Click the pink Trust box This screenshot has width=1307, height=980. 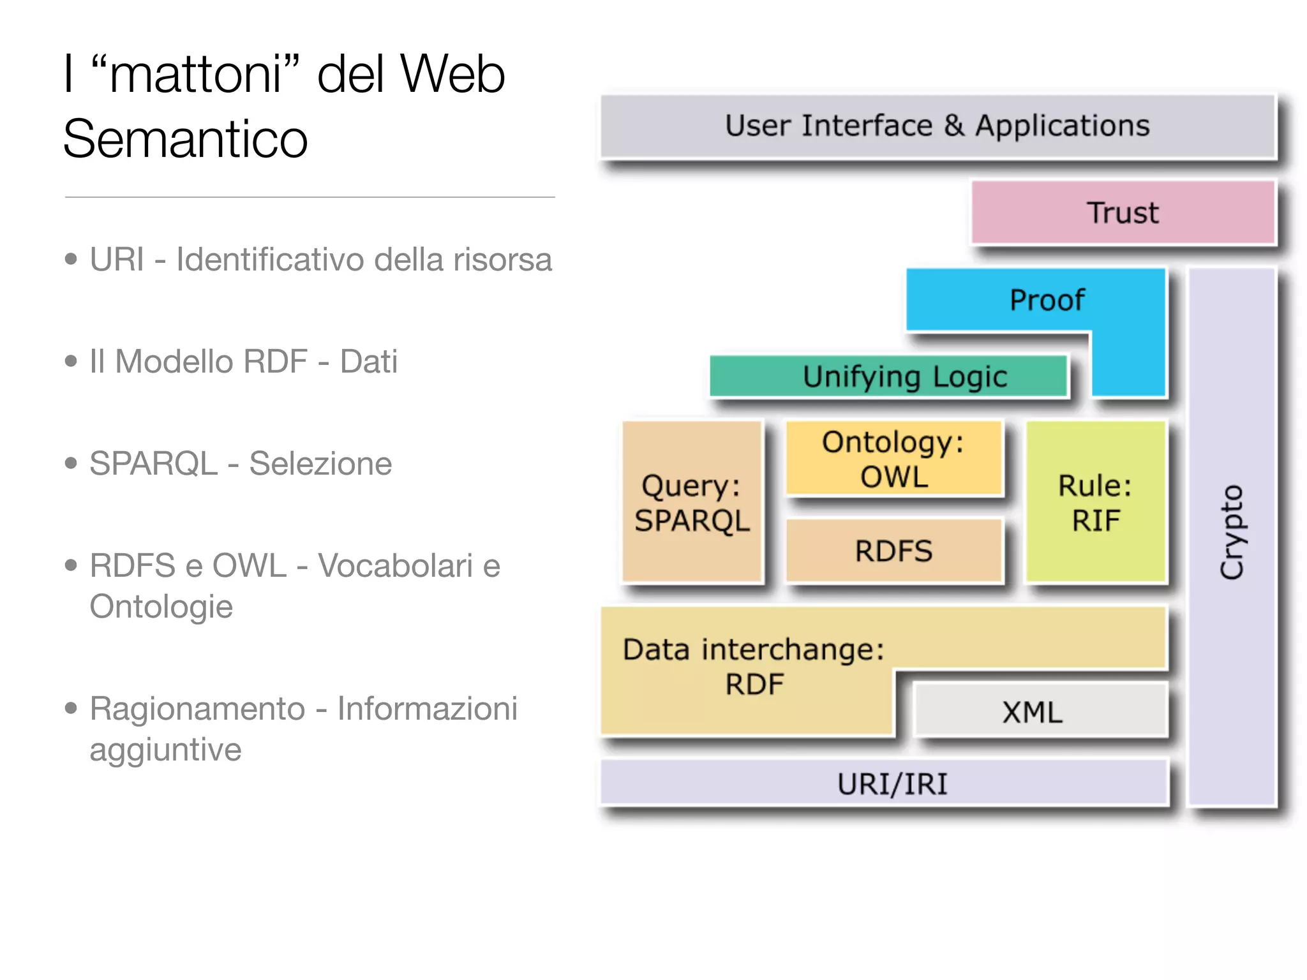[x=1123, y=212]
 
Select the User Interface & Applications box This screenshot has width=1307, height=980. [x=937, y=126]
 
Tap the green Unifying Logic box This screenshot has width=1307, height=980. [x=888, y=376]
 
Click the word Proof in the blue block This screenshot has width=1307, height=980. [x=1047, y=300]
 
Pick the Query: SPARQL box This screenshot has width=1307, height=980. [x=692, y=502]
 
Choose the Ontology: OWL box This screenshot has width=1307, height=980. [x=893, y=459]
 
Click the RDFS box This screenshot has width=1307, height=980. [x=893, y=551]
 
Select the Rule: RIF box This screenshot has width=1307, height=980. [x=1096, y=502]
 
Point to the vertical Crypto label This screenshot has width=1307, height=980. [x=1232, y=533]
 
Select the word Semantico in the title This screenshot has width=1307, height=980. [x=185, y=139]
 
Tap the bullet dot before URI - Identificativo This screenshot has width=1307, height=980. [x=71, y=259]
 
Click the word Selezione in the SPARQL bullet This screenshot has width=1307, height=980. [x=320, y=463]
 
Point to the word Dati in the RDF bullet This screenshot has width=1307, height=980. [x=368, y=361]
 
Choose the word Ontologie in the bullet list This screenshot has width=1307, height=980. [x=161, y=606]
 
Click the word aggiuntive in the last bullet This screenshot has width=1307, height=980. [x=165, y=749]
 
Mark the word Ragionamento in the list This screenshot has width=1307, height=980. [x=197, y=708]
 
